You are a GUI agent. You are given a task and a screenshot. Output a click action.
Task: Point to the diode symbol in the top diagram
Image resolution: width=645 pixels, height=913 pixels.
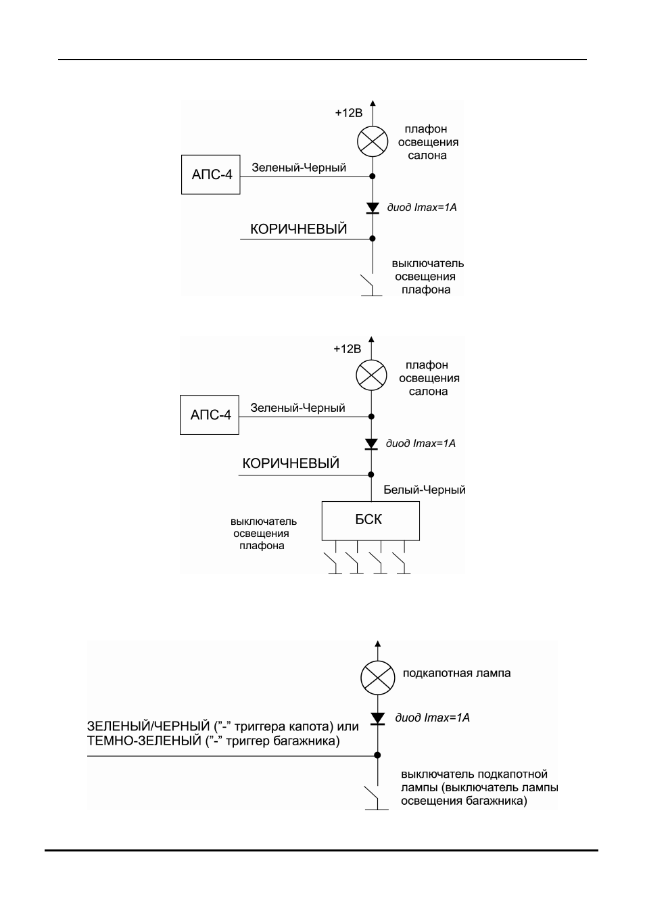(373, 208)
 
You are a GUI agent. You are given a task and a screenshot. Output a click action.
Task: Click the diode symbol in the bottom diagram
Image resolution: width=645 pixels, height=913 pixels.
(378, 719)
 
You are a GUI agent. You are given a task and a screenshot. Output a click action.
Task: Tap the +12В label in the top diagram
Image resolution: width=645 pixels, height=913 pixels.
(349, 113)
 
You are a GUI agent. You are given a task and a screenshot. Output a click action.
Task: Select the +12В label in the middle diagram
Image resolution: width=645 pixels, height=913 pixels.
(347, 349)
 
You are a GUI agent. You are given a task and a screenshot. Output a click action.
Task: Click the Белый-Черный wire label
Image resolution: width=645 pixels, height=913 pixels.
(425, 490)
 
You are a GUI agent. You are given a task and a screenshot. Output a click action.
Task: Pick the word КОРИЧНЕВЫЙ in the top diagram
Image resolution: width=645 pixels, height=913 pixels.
(299, 229)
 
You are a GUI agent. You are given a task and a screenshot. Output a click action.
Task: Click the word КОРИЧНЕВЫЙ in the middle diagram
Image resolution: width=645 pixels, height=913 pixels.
(291, 463)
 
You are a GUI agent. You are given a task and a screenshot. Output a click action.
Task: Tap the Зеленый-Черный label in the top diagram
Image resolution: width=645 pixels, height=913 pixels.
(299, 168)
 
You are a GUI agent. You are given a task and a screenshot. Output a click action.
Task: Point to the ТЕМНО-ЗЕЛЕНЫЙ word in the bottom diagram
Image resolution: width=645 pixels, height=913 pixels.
(145, 741)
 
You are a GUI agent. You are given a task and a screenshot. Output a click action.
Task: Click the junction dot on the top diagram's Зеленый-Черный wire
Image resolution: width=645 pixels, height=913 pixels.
(373, 176)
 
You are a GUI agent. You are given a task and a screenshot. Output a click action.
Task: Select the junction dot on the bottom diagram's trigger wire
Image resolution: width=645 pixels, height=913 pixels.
(378, 755)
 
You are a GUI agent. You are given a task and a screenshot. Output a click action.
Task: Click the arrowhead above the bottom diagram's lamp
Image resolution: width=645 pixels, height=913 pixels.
(378, 644)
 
